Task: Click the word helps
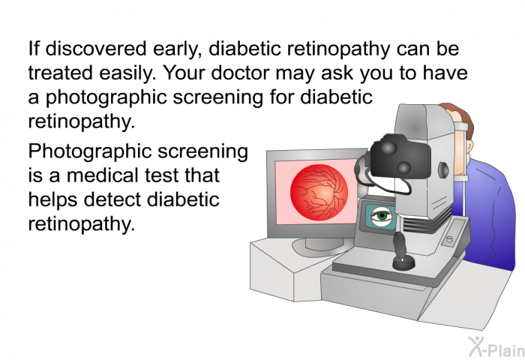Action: [50, 200]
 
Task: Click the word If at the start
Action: [33, 49]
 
